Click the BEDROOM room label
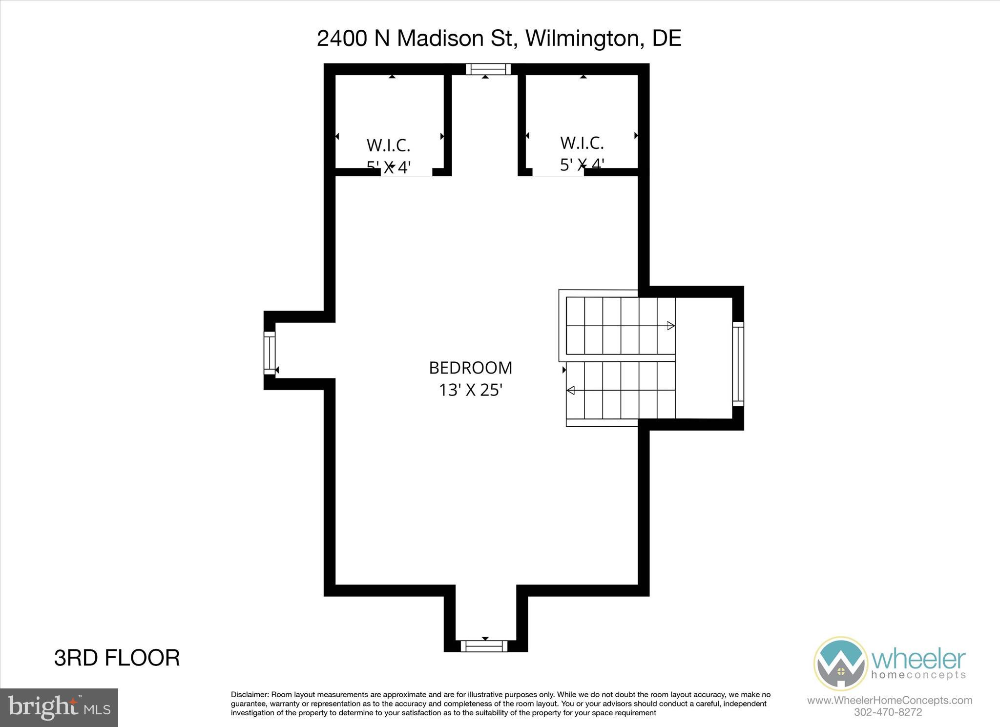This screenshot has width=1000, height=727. pos(470,368)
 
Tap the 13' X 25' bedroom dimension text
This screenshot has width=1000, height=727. pos(470,390)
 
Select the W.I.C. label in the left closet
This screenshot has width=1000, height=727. pos(388,145)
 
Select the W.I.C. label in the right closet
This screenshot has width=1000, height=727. pos(582,143)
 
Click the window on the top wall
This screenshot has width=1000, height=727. pos(488,69)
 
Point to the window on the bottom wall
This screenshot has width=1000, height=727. pos(484,646)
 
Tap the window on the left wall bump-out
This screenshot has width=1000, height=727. pos(270,353)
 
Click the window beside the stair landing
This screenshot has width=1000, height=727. pos(738,364)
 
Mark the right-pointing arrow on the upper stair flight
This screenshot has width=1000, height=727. pos(671,326)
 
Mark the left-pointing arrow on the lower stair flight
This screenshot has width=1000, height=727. pos(570,390)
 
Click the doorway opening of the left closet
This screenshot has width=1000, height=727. pos(406,172)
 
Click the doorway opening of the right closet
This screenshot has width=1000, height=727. pos(558,172)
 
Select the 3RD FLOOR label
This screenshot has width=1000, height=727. pos(117,658)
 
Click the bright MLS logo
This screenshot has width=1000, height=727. pos(59,707)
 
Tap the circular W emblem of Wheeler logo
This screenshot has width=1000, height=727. pos(840,663)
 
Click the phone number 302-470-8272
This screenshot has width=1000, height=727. pos(888,712)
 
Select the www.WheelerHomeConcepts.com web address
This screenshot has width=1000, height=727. pos(890,700)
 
